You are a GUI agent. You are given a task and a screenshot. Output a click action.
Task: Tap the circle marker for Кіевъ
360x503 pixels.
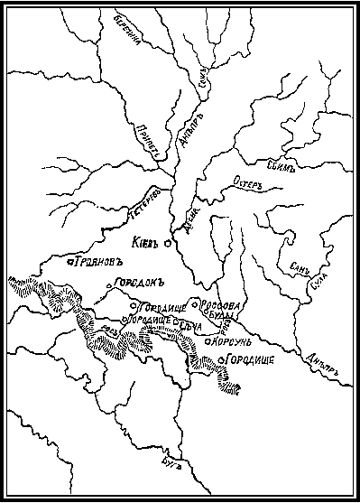click(168, 242)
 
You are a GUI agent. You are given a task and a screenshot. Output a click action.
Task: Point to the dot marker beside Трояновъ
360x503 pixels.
click(70, 262)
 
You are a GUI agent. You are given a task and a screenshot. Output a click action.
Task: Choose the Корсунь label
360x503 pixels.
click(233, 341)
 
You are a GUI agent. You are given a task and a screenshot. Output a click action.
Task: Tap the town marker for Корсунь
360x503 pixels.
click(208, 342)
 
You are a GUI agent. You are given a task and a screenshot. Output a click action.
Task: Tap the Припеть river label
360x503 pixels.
click(150, 140)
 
